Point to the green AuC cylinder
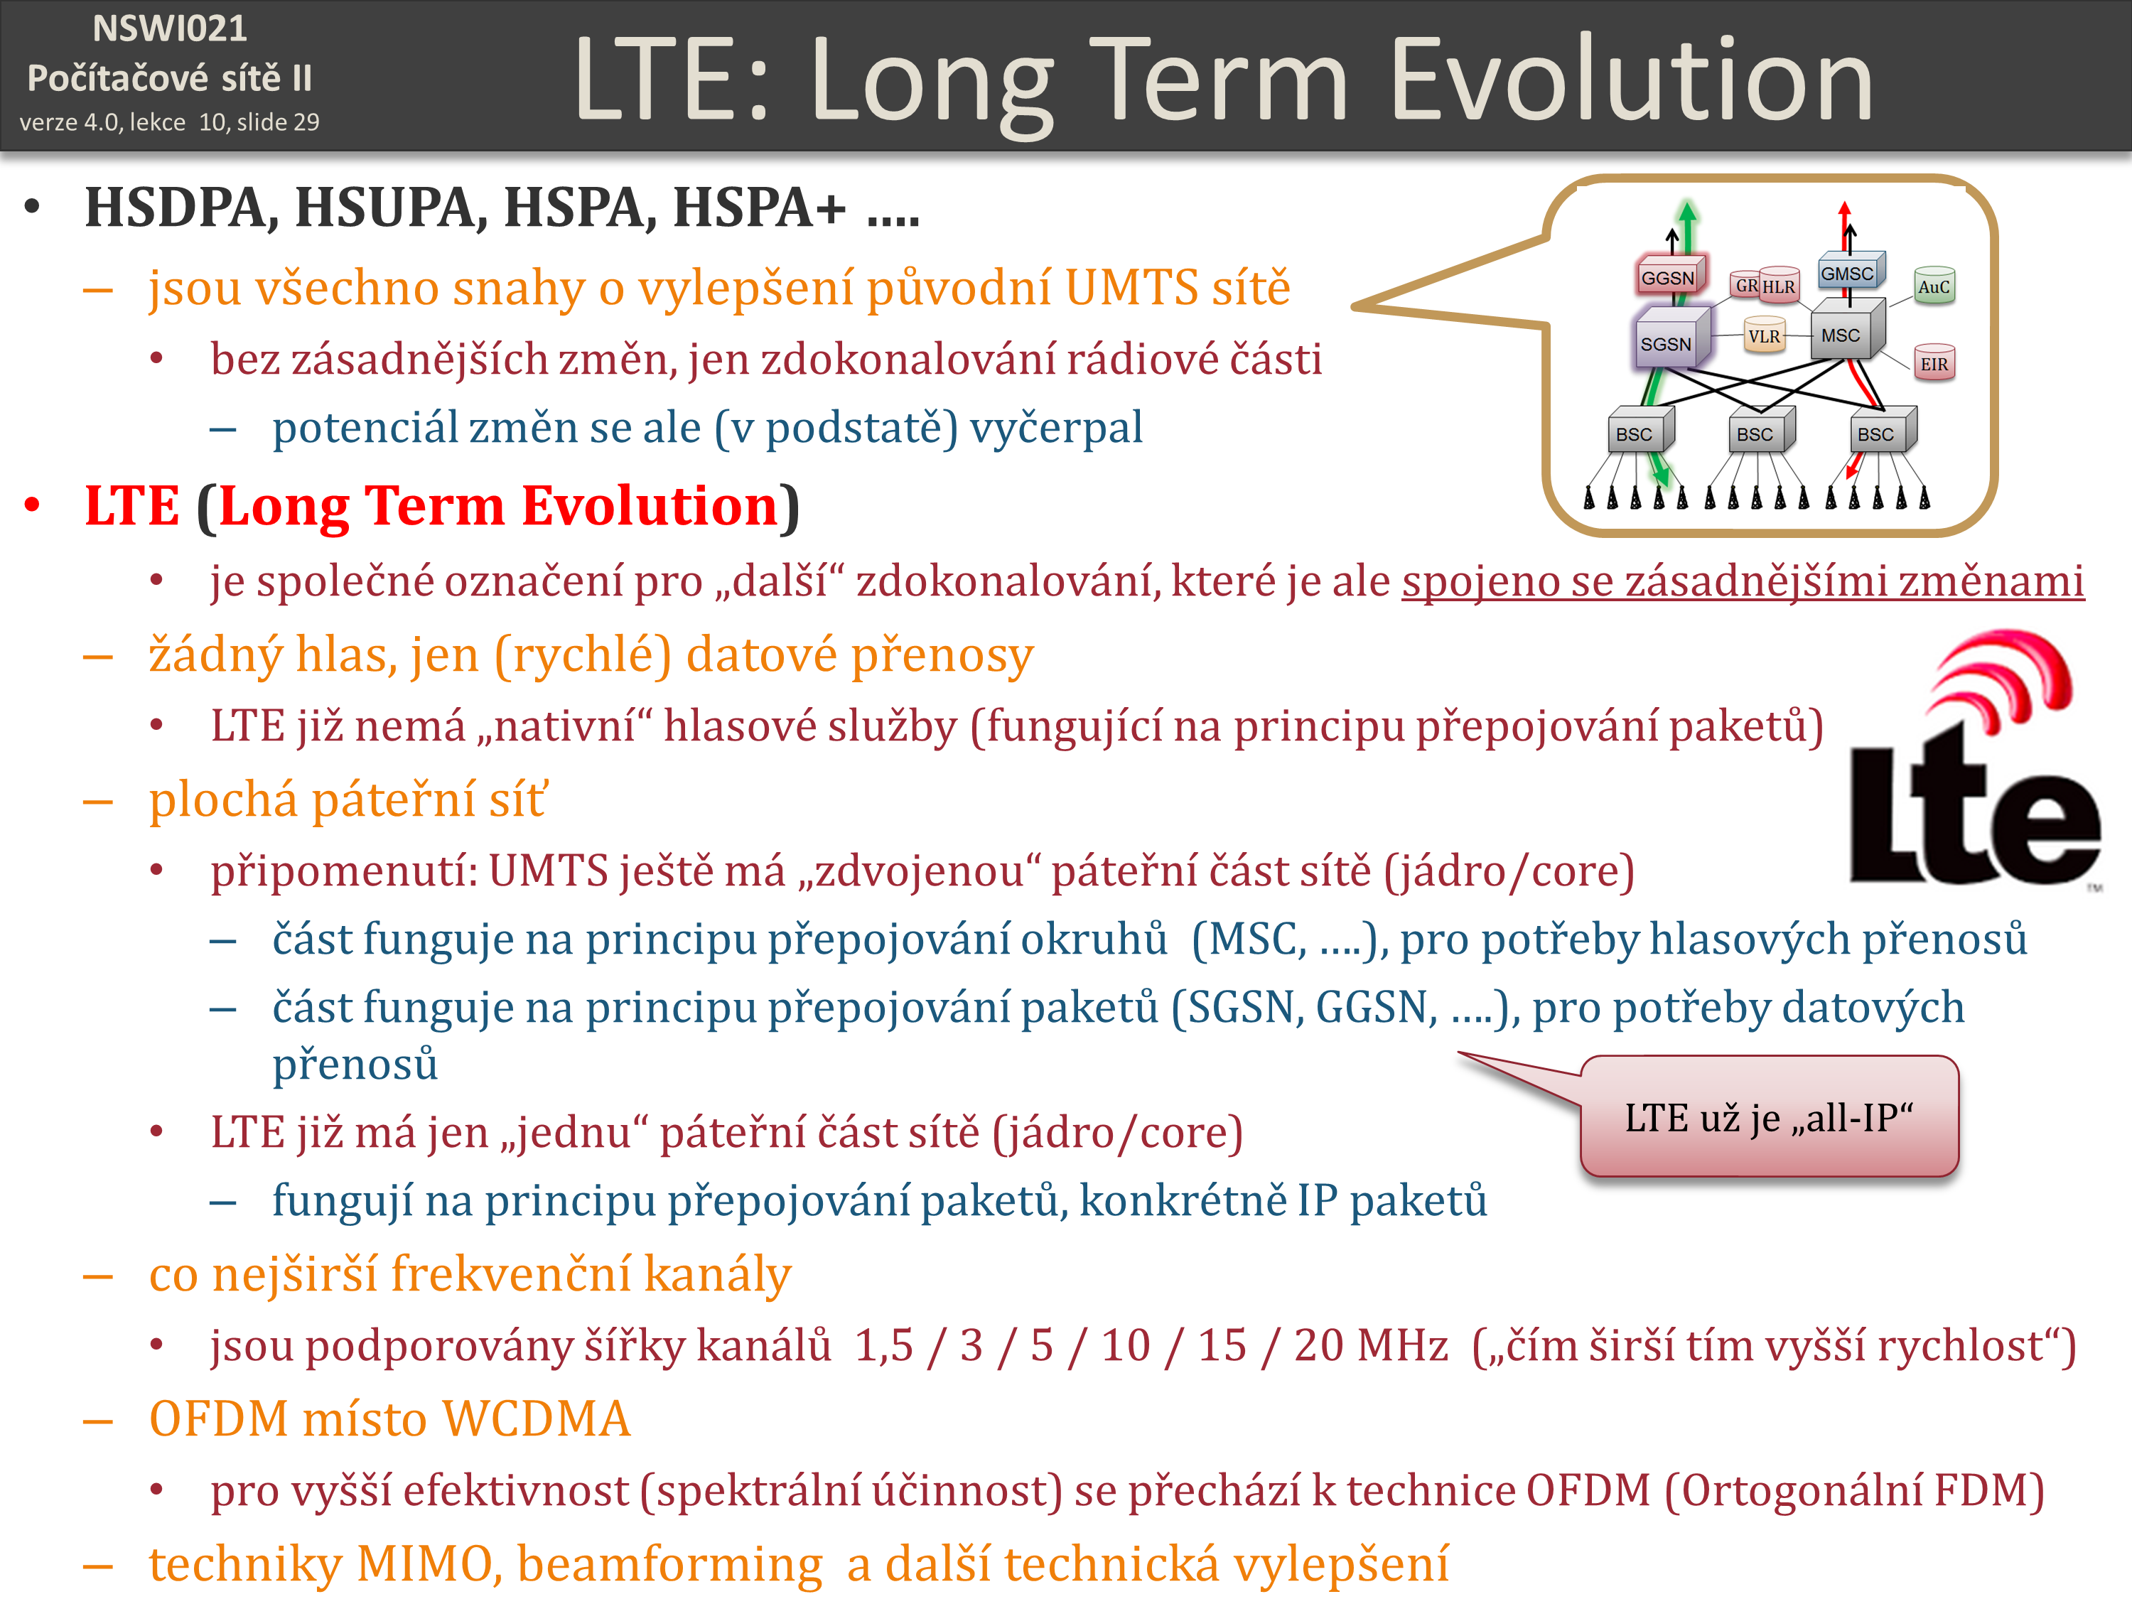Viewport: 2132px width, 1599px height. coord(1934,285)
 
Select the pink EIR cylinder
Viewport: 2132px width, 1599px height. coord(1934,363)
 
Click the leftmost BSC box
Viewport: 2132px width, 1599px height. coord(1640,431)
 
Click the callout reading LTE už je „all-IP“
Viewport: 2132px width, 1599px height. coord(1769,1116)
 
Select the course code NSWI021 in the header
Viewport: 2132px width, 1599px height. coord(170,29)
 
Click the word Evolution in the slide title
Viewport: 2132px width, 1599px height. coord(1631,79)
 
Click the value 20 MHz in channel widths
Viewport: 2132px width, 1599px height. coord(1371,1345)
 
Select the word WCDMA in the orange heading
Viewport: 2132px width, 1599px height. coord(536,1418)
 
